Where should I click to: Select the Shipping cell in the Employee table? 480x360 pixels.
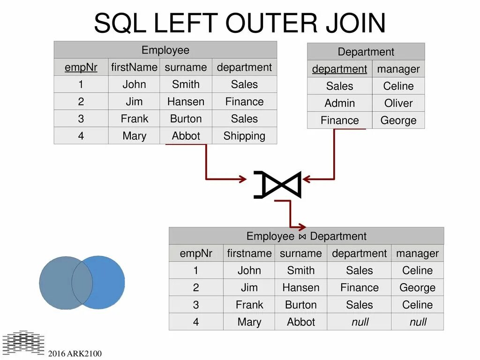pyautogui.click(x=244, y=136)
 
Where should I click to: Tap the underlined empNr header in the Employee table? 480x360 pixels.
pyautogui.click(x=81, y=67)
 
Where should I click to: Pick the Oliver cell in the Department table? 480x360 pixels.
pyautogui.click(x=398, y=103)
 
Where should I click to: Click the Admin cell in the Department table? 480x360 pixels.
pyautogui.click(x=340, y=103)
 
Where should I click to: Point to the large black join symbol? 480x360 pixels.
pyautogui.click(x=277, y=185)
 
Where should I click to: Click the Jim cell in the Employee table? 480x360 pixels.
pyautogui.click(x=134, y=102)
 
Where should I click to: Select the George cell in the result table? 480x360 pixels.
pyautogui.click(x=417, y=287)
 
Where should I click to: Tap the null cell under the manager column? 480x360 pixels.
pyautogui.click(x=417, y=322)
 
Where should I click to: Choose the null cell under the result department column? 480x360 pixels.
pyautogui.click(x=360, y=322)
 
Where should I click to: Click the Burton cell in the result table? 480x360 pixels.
pyautogui.click(x=301, y=305)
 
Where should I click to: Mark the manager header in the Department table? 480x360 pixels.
pyautogui.click(x=398, y=69)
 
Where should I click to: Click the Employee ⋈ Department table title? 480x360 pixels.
pyautogui.click(x=306, y=236)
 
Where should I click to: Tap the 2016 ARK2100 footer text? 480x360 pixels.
pyautogui.click(x=75, y=353)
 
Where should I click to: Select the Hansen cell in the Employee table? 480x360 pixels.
pyautogui.click(x=186, y=102)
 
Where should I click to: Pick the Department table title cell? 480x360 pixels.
pyautogui.click(x=366, y=52)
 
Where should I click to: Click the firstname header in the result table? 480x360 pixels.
pyautogui.click(x=249, y=254)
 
